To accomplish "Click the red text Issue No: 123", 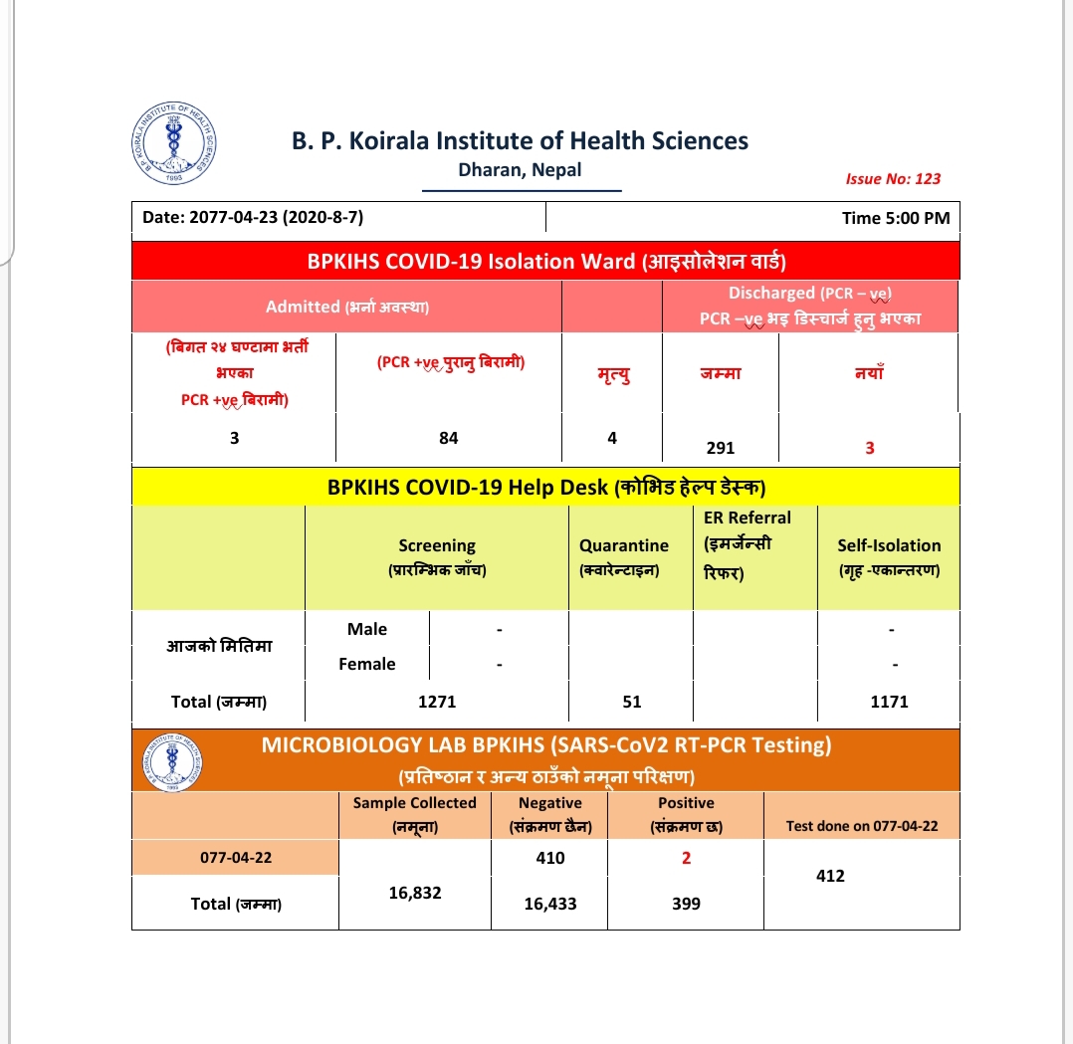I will (892, 179).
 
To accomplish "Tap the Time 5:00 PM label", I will (895, 218).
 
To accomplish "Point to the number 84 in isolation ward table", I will (449, 437).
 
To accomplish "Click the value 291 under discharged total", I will (720, 448).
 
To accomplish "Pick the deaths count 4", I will (612, 437).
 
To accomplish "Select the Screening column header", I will (437, 556).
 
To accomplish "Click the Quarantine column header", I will (624, 556).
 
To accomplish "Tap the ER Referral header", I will (747, 545).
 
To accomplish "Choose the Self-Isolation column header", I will (889, 556).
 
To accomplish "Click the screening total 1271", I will (437, 702).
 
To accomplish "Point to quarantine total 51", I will (632, 702).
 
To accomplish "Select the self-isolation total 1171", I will (889, 702).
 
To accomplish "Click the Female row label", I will (367, 664).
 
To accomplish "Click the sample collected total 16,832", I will (414, 893).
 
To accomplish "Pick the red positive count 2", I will (686, 858).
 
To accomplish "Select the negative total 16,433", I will (549, 904).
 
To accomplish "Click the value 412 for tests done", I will (830, 876).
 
